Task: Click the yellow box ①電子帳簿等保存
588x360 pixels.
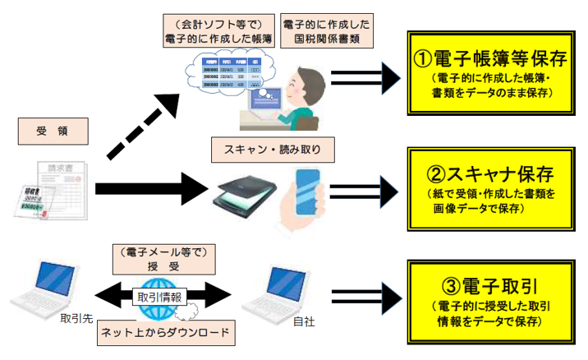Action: (x=489, y=72)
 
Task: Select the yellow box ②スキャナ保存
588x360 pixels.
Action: (x=489, y=187)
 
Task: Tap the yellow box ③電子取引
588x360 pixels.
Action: (x=489, y=299)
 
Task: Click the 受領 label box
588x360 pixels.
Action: (x=52, y=132)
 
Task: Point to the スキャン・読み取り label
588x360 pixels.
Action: (x=273, y=149)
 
